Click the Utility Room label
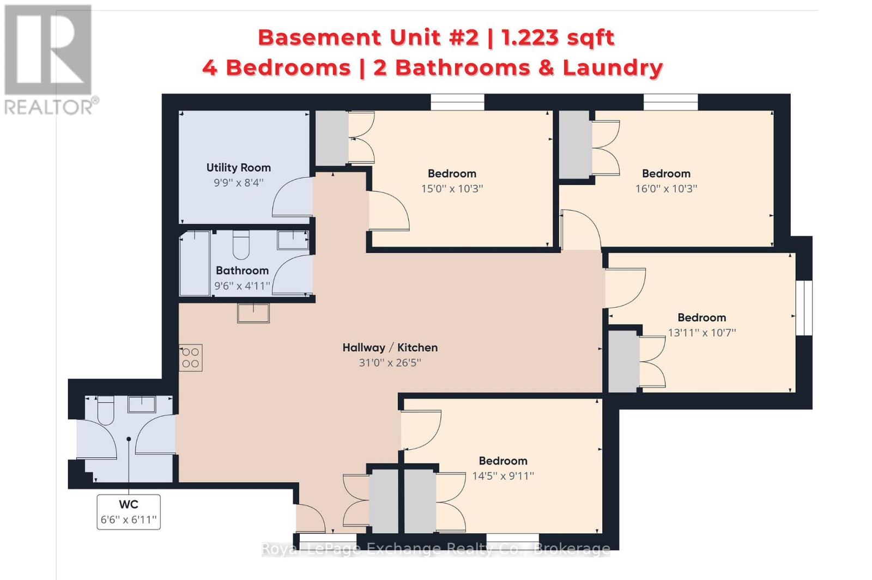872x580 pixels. pyautogui.click(x=238, y=168)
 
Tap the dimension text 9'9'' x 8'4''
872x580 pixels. pyautogui.click(x=238, y=182)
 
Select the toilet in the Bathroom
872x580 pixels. pyautogui.click(x=241, y=245)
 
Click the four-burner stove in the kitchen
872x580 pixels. pyautogui.click(x=191, y=357)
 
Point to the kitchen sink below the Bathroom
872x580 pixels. pyautogui.click(x=253, y=313)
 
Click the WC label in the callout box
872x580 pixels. pyautogui.click(x=129, y=504)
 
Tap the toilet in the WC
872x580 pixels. pyautogui.click(x=105, y=410)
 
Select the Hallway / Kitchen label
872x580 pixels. pyautogui.click(x=390, y=347)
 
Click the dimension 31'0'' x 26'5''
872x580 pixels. pyautogui.click(x=390, y=363)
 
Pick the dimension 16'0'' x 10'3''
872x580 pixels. pyautogui.click(x=666, y=188)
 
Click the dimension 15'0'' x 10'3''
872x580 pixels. pyautogui.click(x=452, y=188)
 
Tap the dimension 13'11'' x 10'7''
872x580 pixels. pyautogui.click(x=702, y=333)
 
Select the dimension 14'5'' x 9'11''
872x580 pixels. pyautogui.click(x=503, y=476)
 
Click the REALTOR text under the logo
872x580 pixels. pyautogui.click(x=49, y=107)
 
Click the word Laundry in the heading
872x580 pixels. pyautogui.click(x=613, y=68)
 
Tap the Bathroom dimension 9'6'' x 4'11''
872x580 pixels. pyautogui.click(x=242, y=286)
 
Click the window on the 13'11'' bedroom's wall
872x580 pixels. pyautogui.click(x=804, y=308)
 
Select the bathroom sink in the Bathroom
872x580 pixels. pyautogui.click(x=293, y=240)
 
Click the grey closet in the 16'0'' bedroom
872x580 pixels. pyautogui.click(x=574, y=145)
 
